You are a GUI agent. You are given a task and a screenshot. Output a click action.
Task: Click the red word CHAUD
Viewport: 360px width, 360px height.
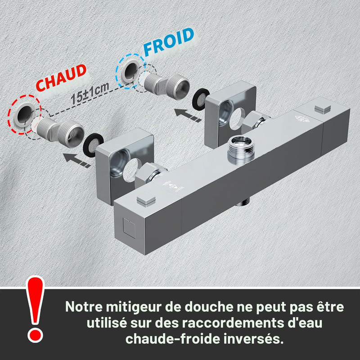pos(61,78)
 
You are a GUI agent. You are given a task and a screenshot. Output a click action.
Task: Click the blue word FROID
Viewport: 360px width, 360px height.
pos(169,42)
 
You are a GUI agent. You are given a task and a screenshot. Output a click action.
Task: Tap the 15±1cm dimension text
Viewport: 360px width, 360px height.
pos(90,93)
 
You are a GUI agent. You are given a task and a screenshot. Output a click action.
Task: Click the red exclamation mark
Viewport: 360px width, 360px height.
pos(35,309)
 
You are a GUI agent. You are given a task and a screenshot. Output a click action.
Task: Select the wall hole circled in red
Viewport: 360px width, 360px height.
pos(24,114)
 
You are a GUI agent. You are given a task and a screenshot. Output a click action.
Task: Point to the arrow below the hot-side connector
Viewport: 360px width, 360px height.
pos(76,160)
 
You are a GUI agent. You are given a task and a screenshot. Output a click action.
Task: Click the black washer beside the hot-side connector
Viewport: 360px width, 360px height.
pos(93,145)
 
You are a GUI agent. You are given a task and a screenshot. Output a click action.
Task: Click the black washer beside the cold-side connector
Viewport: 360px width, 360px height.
pos(200,99)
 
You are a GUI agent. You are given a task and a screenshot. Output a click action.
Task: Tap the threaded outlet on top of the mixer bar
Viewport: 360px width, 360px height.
pos(241,148)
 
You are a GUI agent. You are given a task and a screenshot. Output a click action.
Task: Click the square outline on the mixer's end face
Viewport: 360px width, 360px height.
pos(129,228)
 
